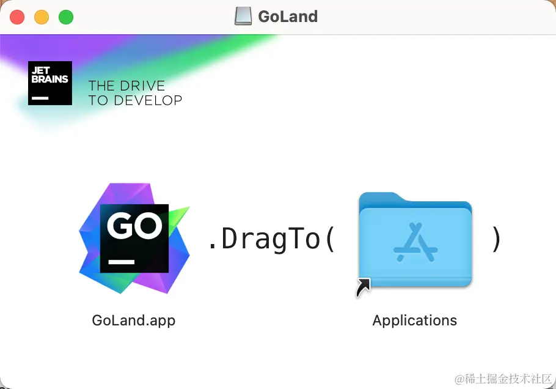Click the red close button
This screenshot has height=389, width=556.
pos(17,17)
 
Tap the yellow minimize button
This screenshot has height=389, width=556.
pos(42,17)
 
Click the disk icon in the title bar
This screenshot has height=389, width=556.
pos(243,17)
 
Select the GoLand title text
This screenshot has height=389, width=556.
pos(288,17)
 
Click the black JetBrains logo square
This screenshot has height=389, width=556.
pos(50,83)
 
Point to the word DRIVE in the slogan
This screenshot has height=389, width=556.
pos(142,86)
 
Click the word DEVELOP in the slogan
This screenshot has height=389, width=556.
pos(148,100)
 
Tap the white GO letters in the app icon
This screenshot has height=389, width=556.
pos(135,226)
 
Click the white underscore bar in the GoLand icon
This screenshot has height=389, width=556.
pos(122,262)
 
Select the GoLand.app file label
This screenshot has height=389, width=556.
pos(134,320)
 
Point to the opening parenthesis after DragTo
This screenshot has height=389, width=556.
pos(330,239)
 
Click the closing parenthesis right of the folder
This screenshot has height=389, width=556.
pos(496,239)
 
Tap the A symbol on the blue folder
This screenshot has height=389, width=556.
pos(415,242)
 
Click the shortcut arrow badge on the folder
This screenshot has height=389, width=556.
pos(364,287)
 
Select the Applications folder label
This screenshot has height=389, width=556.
pos(415,320)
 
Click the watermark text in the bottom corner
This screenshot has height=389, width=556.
pos(503,379)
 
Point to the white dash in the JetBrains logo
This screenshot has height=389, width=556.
pos(40,98)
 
